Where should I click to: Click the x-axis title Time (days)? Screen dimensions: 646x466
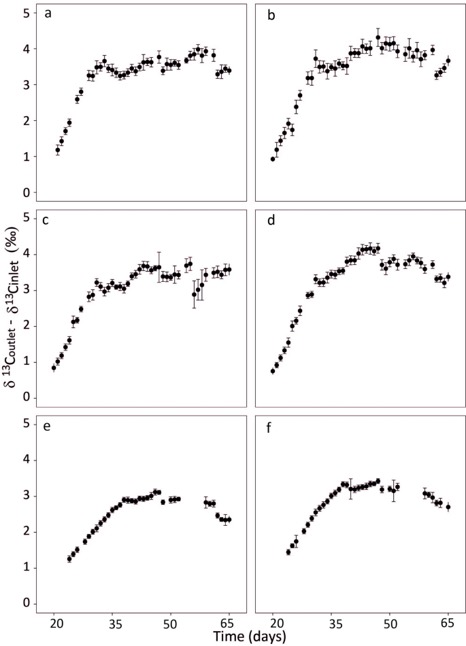(x=249, y=636)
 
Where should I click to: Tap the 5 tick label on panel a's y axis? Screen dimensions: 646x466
(x=25, y=13)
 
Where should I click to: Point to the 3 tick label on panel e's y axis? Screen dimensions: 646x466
(x=25, y=496)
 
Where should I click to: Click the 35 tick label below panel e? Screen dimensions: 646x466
(x=114, y=622)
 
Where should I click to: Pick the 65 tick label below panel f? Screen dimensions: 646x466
(x=448, y=622)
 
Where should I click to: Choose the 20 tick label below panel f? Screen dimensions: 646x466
(x=273, y=622)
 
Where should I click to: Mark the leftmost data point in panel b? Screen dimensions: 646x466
(x=273, y=159)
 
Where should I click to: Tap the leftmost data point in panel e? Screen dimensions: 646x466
(x=69, y=558)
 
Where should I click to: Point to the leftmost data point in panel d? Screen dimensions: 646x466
(x=273, y=371)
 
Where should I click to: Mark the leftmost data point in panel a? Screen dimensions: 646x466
(x=58, y=150)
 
